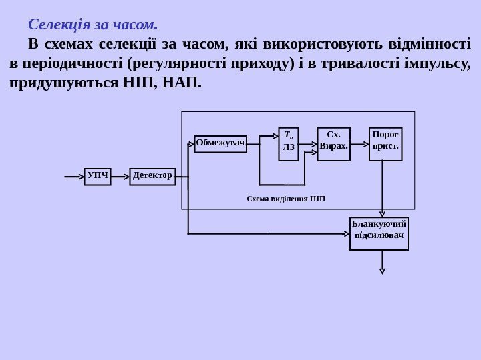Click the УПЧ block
pyautogui.click(x=98, y=177)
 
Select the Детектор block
pyautogui.click(x=152, y=177)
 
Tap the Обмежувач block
pyautogui.click(x=220, y=144)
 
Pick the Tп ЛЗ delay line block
pyautogui.click(x=289, y=144)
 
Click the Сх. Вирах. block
pyautogui.click(x=333, y=144)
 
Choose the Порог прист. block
pyautogui.click(x=385, y=144)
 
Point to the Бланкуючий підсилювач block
pyautogui.click(x=379, y=233)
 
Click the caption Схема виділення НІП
pyautogui.click(x=286, y=199)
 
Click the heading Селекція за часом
pyautogui.click(x=93, y=25)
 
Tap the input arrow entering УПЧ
pyautogui.click(x=73, y=177)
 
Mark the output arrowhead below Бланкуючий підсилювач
pyautogui.click(x=382, y=270)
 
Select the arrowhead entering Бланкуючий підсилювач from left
pyautogui.click(x=346, y=233)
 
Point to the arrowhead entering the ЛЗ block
pyautogui.click(x=275, y=137)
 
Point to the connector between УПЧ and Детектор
pyautogui.click(x=120, y=177)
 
